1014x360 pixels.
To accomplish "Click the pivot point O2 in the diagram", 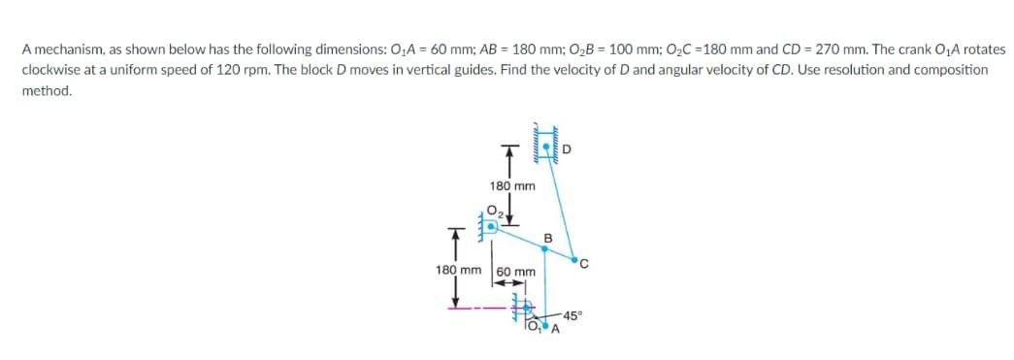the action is tap(492, 225).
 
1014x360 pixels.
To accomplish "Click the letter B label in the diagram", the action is tap(547, 237).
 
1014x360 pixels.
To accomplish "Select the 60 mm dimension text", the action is tap(516, 272).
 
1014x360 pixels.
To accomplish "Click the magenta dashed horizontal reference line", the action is tap(480, 311).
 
